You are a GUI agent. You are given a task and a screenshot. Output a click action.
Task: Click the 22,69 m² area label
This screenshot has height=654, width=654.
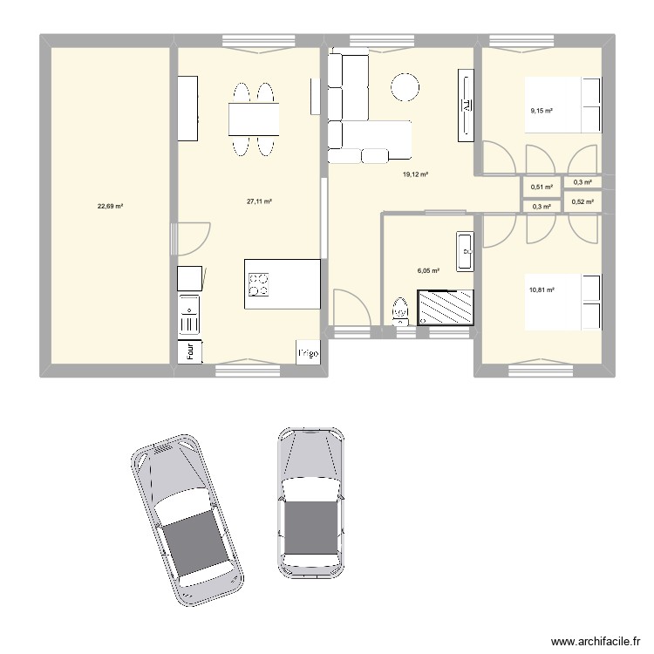pos(110,207)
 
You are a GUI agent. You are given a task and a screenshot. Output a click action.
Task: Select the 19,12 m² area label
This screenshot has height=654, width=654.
pos(415,175)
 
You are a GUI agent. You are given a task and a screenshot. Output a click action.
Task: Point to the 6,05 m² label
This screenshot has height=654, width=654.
pos(428,271)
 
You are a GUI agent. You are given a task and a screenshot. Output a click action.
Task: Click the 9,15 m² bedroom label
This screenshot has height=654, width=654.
pos(542,111)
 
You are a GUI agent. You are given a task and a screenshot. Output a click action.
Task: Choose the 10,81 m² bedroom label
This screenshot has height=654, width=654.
pos(542,290)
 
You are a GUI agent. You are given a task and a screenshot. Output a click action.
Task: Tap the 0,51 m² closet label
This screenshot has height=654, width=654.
pos(542,187)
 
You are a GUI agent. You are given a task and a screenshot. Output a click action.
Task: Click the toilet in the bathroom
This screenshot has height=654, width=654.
pos(400,310)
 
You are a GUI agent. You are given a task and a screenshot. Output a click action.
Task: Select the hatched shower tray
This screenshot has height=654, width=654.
pos(447,307)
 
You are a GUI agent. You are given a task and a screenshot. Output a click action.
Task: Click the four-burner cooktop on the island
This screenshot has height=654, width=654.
pos(259,284)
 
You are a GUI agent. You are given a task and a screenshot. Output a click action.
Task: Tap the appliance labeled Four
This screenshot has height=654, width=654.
pos(189,351)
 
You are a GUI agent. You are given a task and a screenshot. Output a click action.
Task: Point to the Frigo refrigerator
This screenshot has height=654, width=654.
pos(308,352)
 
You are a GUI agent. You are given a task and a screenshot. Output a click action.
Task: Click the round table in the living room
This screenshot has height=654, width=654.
pos(405,86)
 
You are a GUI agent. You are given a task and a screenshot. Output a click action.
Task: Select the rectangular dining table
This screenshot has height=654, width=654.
pos(254,119)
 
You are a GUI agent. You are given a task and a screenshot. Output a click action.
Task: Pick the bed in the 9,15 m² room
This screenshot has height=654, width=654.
pos(562,106)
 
